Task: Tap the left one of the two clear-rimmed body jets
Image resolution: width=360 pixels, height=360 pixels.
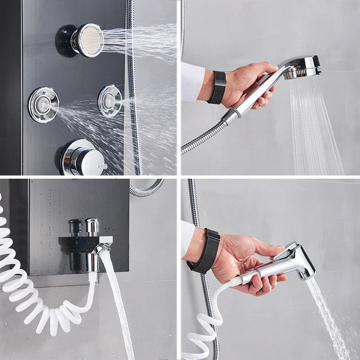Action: click(43, 104)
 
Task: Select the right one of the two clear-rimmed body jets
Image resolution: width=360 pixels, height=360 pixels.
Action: click(110, 100)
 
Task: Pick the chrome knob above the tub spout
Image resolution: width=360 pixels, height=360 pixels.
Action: click(92, 227)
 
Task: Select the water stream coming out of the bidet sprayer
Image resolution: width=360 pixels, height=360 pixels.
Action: click(328, 315)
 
